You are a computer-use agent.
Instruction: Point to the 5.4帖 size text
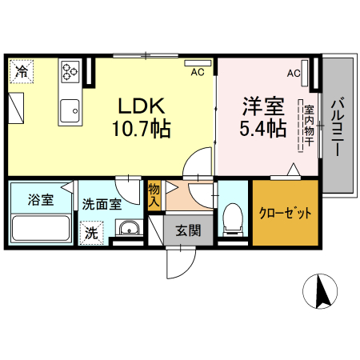(261, 128)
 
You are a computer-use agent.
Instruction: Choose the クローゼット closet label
(284, 214)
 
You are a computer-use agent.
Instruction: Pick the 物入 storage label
(154, 196)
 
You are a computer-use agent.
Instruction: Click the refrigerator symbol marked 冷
(22, 72)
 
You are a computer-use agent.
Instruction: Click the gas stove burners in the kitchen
(70, 73)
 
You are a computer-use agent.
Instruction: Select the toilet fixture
(233, 218)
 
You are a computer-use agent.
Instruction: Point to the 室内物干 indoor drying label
(307, 126)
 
